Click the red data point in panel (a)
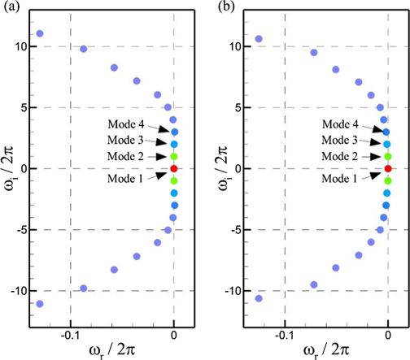pyautogui.click(x=173, y=168)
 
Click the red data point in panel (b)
pyautogui.click(x=388, y=168)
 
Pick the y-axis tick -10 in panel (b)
pyautogui.click(x=232, y=290)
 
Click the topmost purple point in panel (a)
pyautogui.click(x=40, y=33)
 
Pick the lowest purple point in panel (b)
pyautogui.click(x=259, y=298)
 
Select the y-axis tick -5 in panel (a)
pyautogui.click(x=23, y=229)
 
